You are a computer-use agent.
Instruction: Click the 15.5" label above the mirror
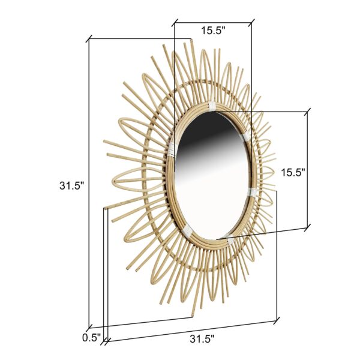(213, 31)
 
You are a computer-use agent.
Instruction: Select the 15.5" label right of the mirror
(293, 173)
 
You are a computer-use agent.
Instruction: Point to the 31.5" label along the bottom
(202, 339)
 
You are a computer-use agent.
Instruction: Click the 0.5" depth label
(91, 337)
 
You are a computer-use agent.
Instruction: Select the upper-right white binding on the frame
(247, 136)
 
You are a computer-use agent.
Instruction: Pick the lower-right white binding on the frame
(252, 193)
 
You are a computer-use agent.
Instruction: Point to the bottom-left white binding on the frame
(187, 230)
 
